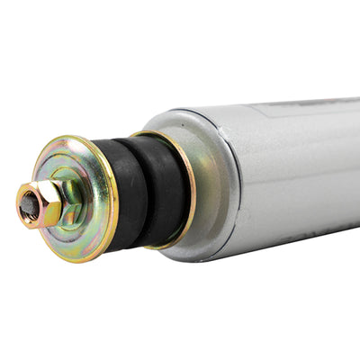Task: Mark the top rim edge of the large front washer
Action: click(72, 140)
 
